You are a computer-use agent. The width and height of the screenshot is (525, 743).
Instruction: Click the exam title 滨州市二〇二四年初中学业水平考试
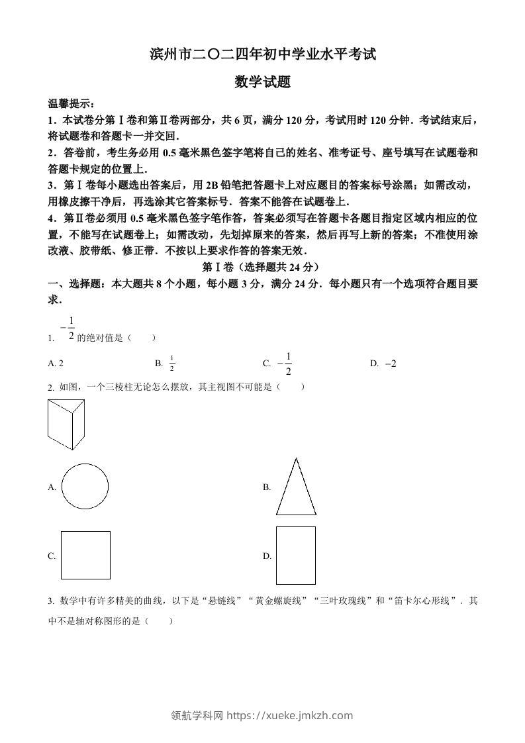point(263,55)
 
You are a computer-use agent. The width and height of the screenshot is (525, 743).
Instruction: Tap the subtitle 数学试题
point(263,82)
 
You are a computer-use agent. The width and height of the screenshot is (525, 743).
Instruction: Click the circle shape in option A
point(85,487)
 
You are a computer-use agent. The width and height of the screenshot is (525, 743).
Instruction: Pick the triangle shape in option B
point(296,487)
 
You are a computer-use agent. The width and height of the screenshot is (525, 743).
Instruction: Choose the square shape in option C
point(85,555)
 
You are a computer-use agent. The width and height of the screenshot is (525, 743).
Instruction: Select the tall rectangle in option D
point(295,555)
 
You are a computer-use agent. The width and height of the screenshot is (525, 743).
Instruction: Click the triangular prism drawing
point(66,424)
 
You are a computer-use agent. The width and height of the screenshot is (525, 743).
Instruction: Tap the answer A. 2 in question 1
point(56,364)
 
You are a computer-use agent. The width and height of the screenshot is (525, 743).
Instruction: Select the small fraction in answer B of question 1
point(171,364)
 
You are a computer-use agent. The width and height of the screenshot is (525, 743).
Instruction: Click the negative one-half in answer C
point(285,363)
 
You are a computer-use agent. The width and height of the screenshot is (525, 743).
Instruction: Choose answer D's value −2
point(390,364)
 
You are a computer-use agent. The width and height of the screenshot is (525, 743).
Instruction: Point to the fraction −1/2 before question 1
point(68,327)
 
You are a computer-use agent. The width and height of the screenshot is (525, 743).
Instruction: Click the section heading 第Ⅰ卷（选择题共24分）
point(263,268)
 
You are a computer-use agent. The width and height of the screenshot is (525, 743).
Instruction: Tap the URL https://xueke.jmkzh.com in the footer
point(289,715)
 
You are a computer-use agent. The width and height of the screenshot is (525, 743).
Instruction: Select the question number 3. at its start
point(51,601)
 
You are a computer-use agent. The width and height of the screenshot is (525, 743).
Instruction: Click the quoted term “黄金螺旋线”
point(273,601)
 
